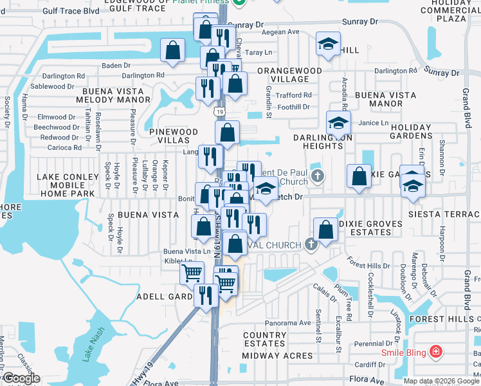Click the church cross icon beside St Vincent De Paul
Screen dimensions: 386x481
coord(316,176)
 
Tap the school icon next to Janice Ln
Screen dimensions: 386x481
coord(338,122)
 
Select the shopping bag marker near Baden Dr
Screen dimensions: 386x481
coord(173,50)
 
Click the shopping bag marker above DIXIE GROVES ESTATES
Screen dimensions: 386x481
coord(326,229)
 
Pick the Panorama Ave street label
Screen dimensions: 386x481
coord(287,322)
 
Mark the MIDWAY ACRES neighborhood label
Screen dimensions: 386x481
coord(278,356)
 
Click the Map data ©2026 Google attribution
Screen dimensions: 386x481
coord(440,381)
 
